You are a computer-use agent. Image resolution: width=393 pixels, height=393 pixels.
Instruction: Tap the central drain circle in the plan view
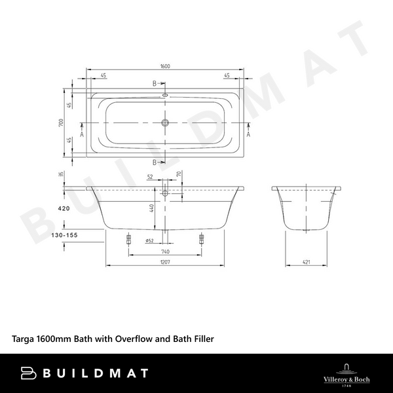tap(165, 122)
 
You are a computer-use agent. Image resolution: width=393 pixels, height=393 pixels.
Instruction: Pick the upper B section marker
tap(155, 84)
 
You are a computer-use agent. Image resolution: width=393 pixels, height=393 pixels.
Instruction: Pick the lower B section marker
tap(155, 162)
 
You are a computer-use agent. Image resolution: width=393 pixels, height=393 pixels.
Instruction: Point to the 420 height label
tap(64, 208)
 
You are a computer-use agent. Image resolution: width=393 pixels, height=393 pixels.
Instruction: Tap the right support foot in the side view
tap(201, 239)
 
